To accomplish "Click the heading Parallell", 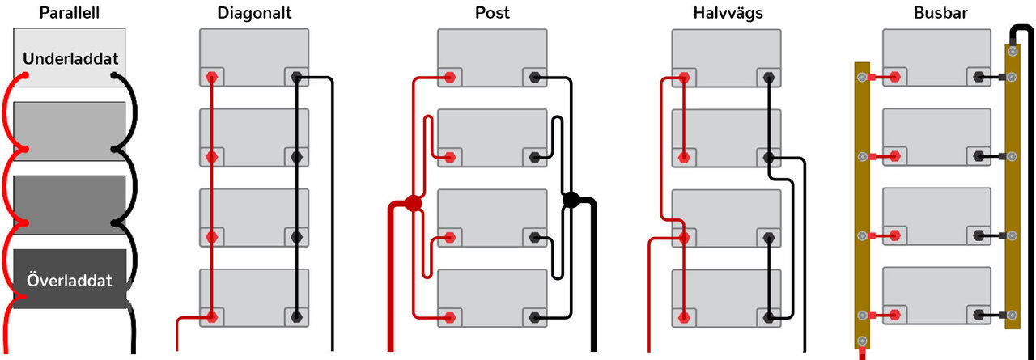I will point(69,14).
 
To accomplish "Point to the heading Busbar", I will point(936,14).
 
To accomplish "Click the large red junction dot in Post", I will point(413,202).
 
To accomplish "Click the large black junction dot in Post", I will point(571,200).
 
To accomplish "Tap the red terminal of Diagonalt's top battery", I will point(212,78).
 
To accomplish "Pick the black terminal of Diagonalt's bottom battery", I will point(296,316).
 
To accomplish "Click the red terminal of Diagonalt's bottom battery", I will point(212,316).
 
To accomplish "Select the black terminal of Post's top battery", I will point(534,78).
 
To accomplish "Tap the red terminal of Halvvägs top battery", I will point(685,78).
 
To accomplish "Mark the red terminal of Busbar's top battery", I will point(895,78).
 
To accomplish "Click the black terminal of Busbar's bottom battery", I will point(979,311).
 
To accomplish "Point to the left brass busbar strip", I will point(862,202).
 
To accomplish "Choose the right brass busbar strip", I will point(1012,186).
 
